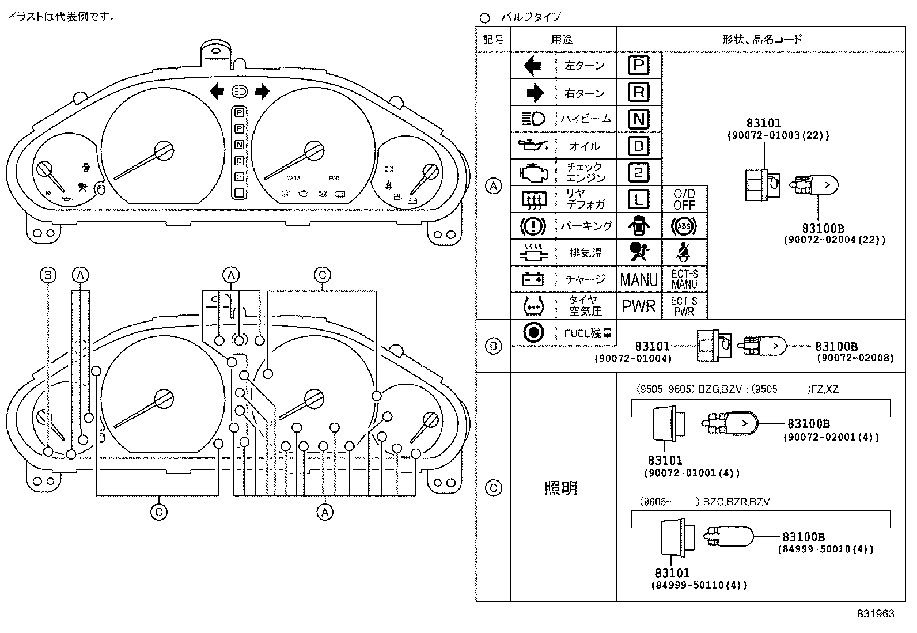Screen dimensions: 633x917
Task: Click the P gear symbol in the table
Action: tap(638, 65)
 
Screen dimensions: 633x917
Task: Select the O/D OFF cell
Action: tap(684, 199)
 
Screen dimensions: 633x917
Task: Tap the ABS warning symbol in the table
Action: tap(684, 226)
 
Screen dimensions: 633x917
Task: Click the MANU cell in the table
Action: tap(639, 280)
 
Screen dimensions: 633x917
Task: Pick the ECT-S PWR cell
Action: tap(684, 306)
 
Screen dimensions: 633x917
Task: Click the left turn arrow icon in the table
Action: tap(533, 65)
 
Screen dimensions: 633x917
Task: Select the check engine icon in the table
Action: tap(533, 172)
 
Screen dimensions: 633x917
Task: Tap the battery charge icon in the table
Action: tap(533, 280)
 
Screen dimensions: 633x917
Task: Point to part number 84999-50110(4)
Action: tap(699, 586)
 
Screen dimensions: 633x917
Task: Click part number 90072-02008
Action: tap(855, 358)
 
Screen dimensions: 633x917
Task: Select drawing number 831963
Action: tap(875, 614)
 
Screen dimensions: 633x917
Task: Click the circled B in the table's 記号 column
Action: tap(493, 346)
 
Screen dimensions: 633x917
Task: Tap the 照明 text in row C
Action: tap(560, 488)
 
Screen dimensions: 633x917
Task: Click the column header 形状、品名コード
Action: tap(761, 39)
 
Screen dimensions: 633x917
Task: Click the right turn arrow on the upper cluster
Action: tap(262, 91)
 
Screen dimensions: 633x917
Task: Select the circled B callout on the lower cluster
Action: tap(48, 275)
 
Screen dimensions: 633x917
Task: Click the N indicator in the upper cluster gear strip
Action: tap(239, 145)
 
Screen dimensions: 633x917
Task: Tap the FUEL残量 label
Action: tap(588, 333)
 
